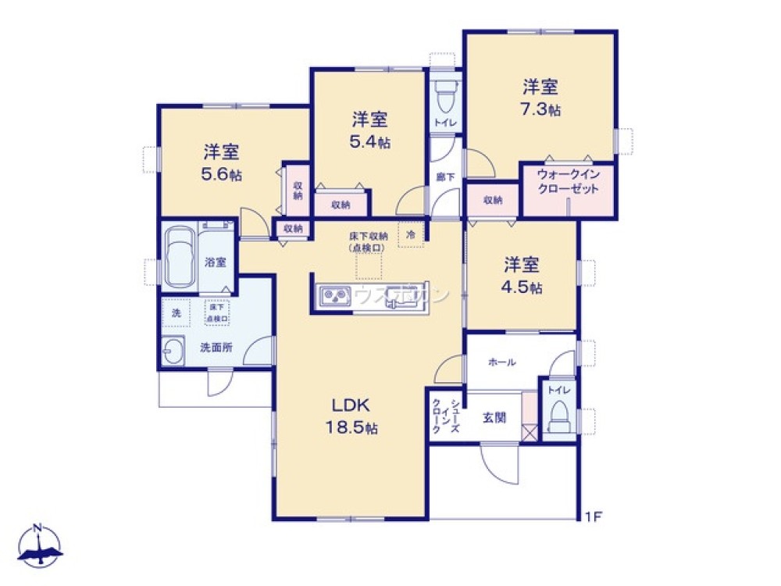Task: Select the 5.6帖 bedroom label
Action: pos(222,163)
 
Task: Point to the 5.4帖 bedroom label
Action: pos(370,130)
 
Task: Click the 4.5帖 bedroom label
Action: pos(522,276)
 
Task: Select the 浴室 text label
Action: pos(216,263)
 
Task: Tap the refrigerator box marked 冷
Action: pos(410,234)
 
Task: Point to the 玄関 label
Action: pos(494,418)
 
